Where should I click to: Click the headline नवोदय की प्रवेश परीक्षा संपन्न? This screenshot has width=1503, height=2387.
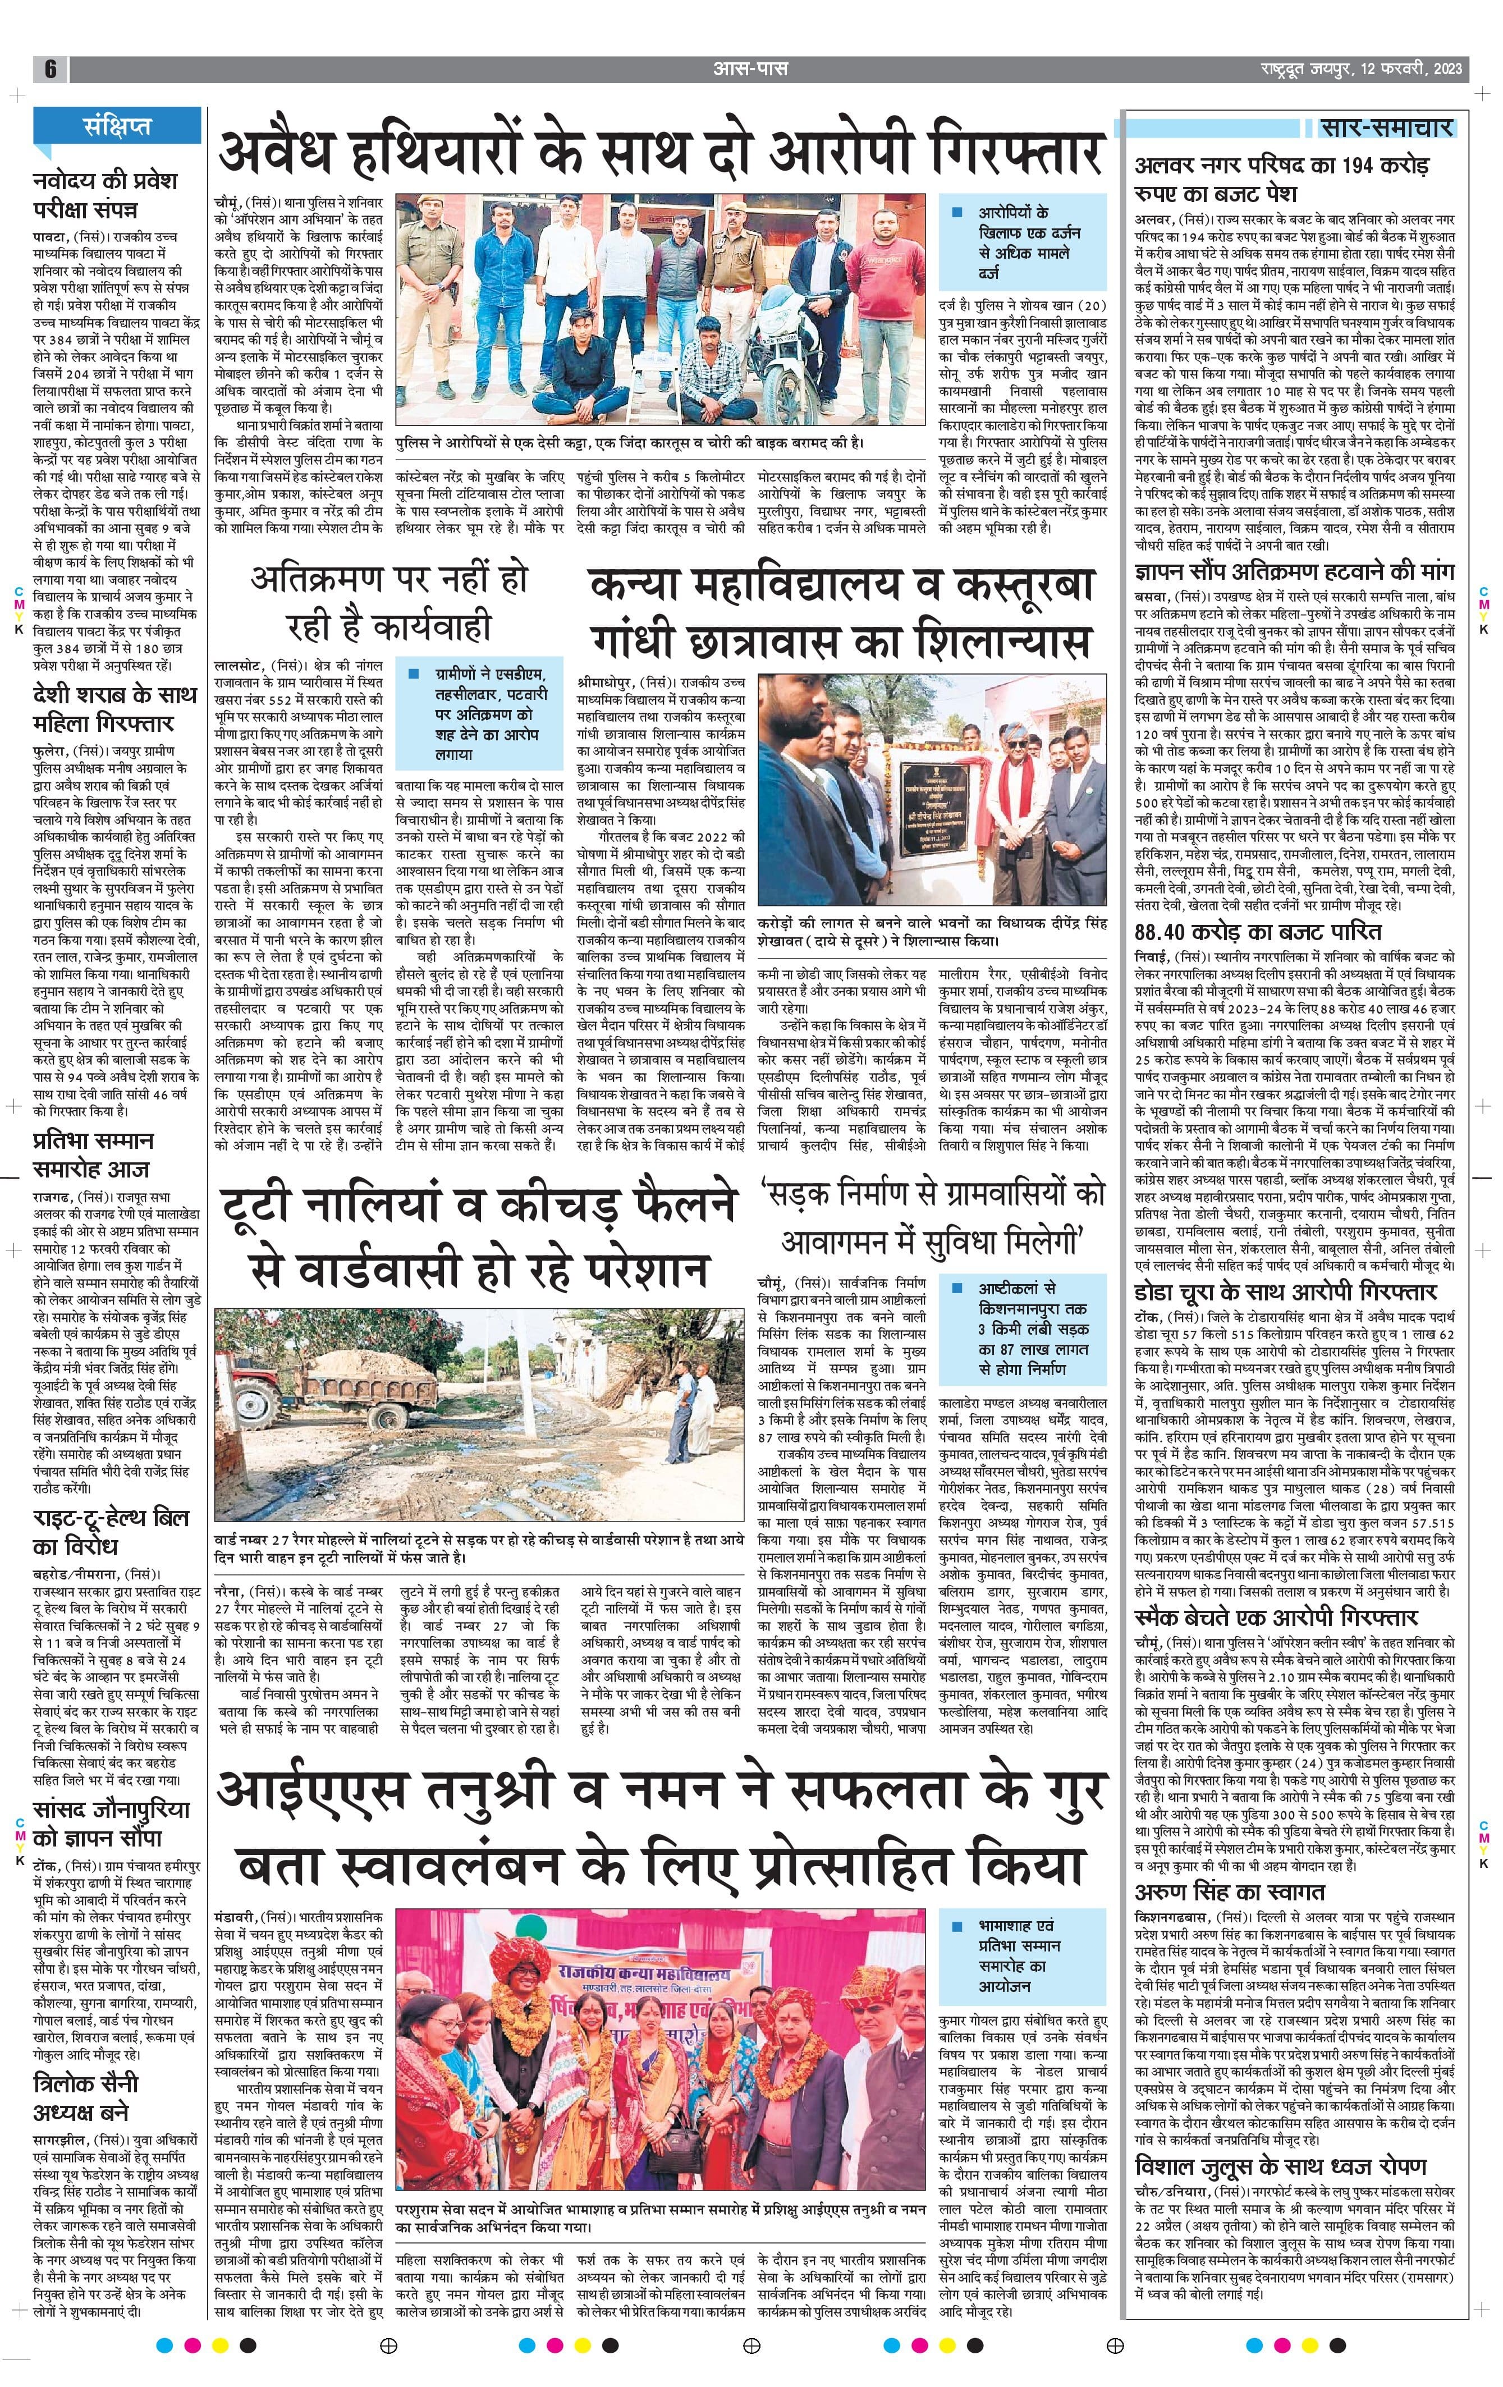pos(104,195)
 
